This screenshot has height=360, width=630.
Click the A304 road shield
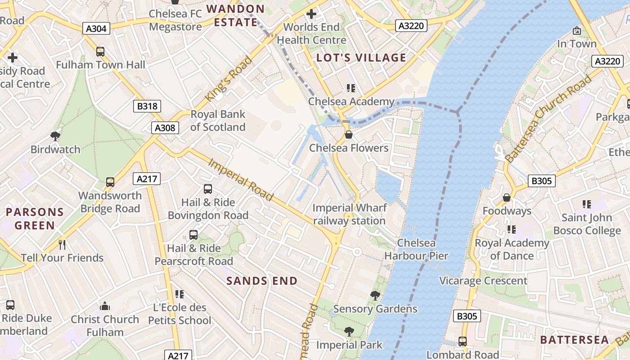96,29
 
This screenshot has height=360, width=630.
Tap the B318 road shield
147,106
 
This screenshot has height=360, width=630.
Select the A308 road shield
165,128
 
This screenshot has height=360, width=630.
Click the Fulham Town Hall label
100,65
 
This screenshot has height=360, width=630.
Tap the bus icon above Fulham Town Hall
100,52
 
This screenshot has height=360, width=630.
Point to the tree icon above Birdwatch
55,136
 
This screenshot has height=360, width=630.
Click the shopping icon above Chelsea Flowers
348,135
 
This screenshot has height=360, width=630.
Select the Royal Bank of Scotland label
218,121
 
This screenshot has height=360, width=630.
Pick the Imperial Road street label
240,179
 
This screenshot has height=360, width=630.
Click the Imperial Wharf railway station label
349,214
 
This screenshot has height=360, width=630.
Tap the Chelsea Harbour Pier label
416,249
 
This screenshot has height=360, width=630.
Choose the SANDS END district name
262,281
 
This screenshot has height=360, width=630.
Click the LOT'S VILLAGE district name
361,58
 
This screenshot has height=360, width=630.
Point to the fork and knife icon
62,244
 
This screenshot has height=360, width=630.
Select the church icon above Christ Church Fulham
105,306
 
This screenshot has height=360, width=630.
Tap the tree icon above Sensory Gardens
375,296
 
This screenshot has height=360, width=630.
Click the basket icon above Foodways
507,198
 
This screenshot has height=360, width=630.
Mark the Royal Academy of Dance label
512,249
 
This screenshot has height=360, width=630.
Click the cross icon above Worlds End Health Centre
311,14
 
